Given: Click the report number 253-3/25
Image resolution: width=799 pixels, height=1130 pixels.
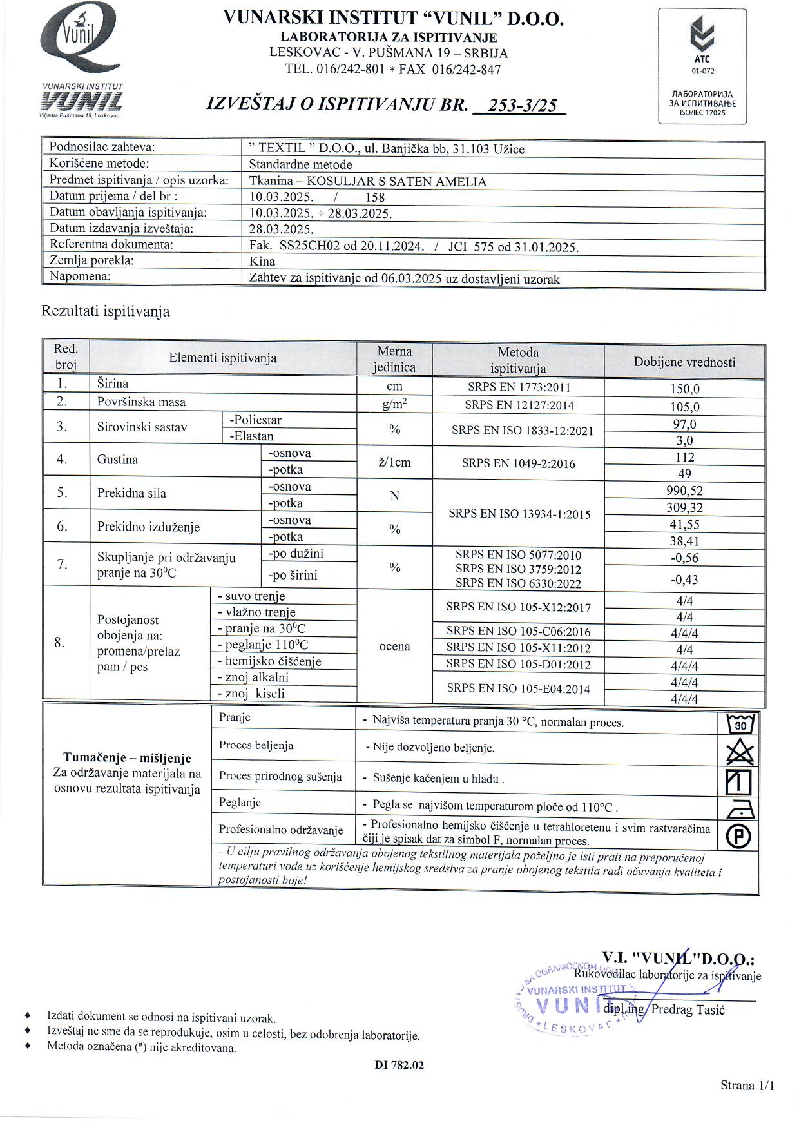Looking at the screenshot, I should pos(522,104).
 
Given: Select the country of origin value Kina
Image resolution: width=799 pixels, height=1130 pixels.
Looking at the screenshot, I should pos(262,261).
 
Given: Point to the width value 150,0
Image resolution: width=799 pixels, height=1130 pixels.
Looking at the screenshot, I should pos(684,389).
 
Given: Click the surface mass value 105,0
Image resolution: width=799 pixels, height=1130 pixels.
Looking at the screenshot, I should pos(684,407).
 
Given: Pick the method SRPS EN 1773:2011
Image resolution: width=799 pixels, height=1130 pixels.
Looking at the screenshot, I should pos(519,387).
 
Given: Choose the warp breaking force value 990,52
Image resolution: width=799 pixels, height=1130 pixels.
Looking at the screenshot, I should pos(684,491).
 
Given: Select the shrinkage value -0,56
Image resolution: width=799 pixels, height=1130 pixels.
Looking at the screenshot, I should pos(684,558).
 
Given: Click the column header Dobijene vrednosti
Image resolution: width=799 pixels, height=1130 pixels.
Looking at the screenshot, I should pos(684,362).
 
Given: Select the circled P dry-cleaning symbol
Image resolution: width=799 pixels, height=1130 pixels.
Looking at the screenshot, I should pos(739,837).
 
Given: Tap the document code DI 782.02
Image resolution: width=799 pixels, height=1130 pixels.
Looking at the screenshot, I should pos(399,1066).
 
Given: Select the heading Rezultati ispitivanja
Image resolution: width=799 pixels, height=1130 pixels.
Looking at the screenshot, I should pos(106,311).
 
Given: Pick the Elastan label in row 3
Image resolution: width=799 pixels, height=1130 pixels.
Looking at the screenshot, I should pos(254,436).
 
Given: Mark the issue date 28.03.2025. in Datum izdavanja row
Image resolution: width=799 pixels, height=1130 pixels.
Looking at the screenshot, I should pos(282,229).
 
